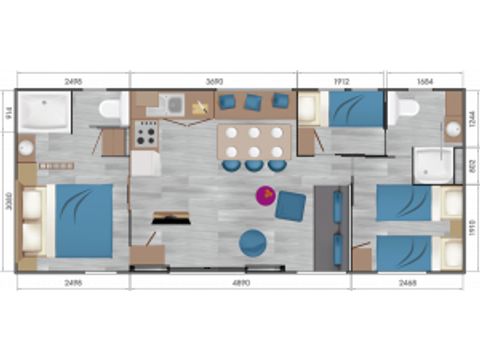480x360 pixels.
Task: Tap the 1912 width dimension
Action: coord(341,79)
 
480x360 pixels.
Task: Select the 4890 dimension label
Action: coord(239,283)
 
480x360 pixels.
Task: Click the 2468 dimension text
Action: coord(407,283)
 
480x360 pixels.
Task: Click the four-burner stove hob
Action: coord(146,133)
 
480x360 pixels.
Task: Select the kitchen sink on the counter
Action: coord(173,102)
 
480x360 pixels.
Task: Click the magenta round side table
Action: coord(267,196)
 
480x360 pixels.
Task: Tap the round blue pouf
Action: coord(251,241)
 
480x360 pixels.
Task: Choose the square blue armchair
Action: coord(291,204)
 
